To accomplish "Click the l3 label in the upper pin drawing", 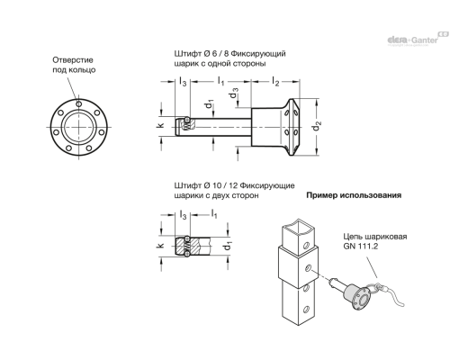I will (x=183, y=82).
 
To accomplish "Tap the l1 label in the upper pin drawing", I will (x=220, y=82).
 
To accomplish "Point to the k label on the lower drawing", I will (x=161, y=244).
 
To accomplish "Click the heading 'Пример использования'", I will (x=353, y=194).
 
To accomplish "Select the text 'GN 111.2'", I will (x=362, y=247).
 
